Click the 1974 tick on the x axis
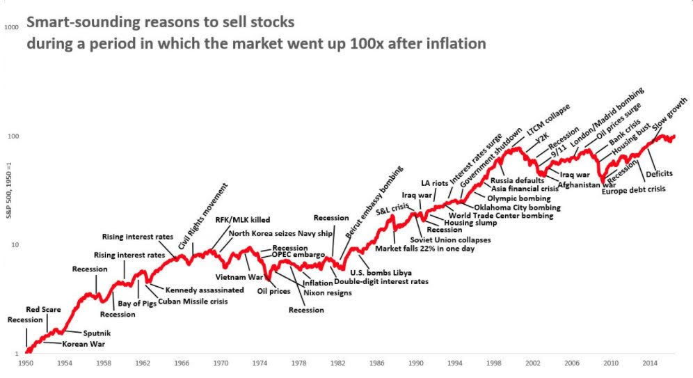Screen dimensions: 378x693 (260, 363)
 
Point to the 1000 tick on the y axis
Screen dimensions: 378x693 (11, 27)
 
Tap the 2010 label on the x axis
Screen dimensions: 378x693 (612, 363)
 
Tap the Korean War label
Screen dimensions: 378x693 (83, 344)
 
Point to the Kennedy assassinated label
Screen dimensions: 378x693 (205, 290)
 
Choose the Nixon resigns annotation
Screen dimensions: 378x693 (327, 293)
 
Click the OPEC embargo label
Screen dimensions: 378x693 (298, 255)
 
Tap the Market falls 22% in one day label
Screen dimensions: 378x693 (424, 249)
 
